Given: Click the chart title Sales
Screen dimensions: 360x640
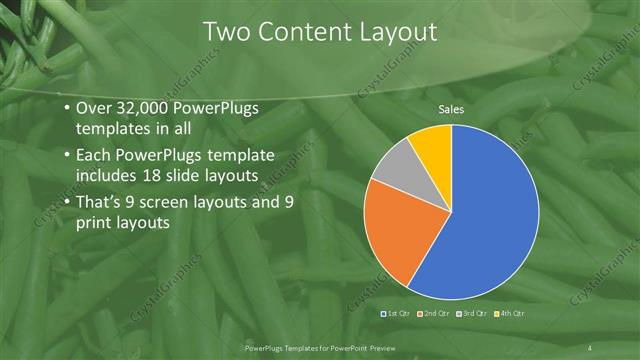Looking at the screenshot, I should click(x=452, y=109).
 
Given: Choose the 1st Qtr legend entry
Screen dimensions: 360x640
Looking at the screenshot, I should click(x=396, y=314).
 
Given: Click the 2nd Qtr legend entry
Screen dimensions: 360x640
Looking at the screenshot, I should click(x=433, y=314).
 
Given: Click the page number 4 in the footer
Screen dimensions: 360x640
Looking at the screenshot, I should click(x=592, y=347).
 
